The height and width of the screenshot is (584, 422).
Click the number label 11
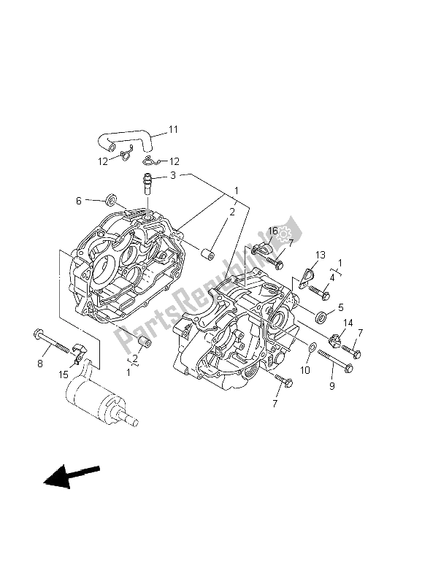[x=173, y=129]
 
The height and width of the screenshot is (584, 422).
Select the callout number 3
[x=173, y=175]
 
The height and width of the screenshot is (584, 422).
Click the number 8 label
[x=41, y=363]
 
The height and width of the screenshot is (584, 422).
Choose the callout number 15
[x=64, y=374]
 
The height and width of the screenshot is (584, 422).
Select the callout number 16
[x=272, y=231]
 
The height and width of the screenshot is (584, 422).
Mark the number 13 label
[x=319, y=254]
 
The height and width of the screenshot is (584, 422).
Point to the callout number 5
[x=340, y=308]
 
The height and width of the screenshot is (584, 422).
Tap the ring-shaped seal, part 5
[x=321, y=317]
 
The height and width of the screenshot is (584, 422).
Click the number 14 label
[x=348, y=323]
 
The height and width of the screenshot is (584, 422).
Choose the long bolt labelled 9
[x=337, y=360]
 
